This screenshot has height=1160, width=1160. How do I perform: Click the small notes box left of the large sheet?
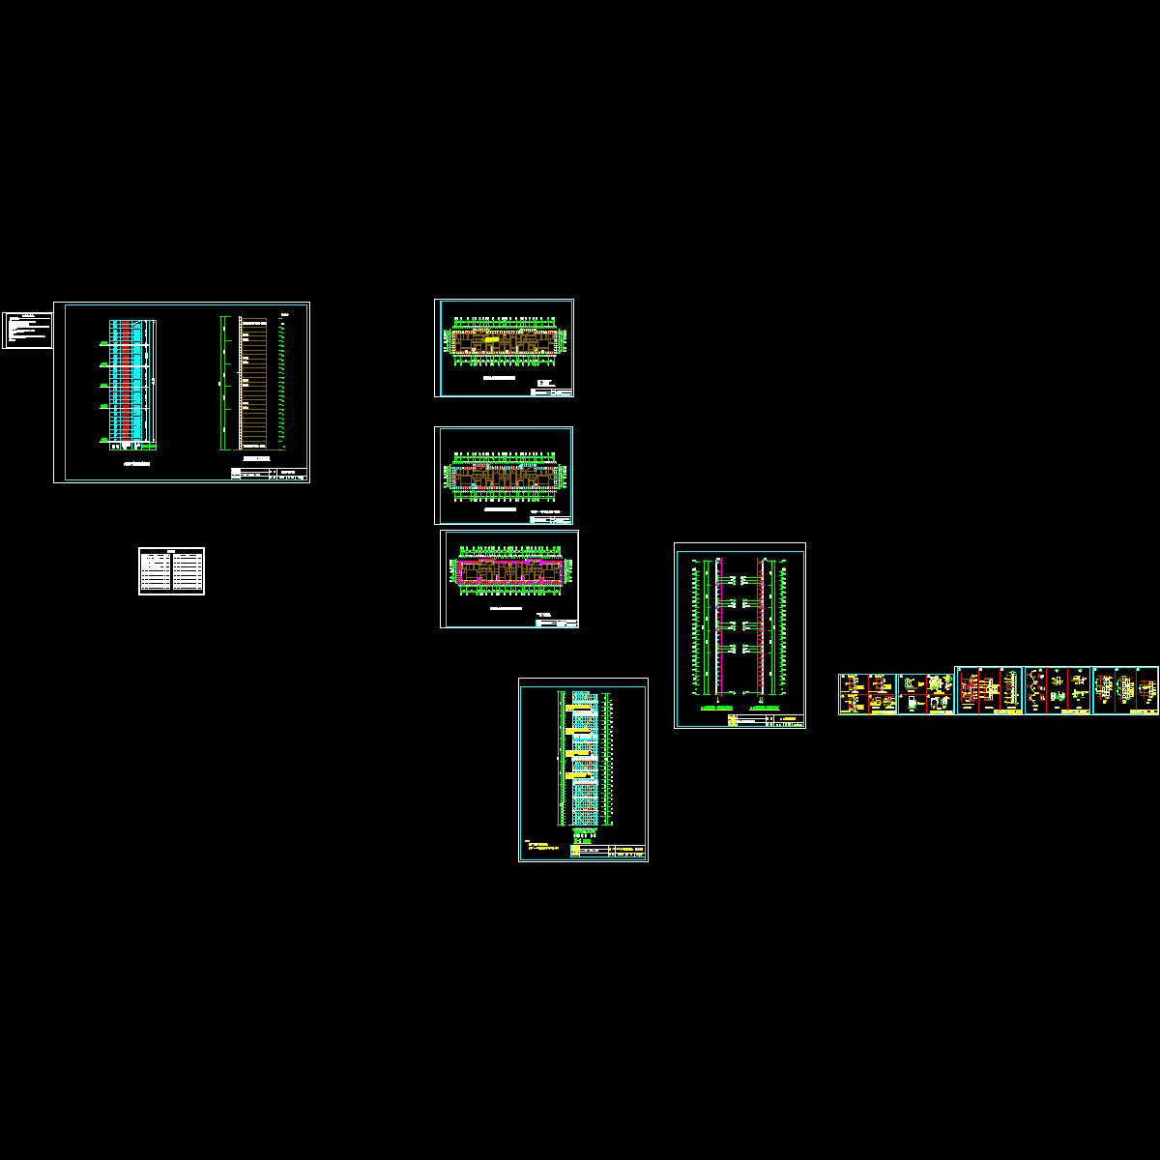pos(27,330)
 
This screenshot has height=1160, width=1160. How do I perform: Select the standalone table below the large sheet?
pos(171,570)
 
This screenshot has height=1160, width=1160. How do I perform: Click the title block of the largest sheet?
pos(269,474)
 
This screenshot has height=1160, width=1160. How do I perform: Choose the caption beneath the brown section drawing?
pos(253,456)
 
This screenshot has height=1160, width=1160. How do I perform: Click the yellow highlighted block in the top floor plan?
pos(492,340)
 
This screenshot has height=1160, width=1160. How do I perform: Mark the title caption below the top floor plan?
pos(503,379)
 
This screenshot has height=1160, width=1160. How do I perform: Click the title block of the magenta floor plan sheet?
pos(556,623)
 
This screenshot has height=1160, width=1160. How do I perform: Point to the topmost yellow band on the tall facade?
pos(580,709)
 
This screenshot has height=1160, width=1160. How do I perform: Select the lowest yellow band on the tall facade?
pos(580,774)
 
